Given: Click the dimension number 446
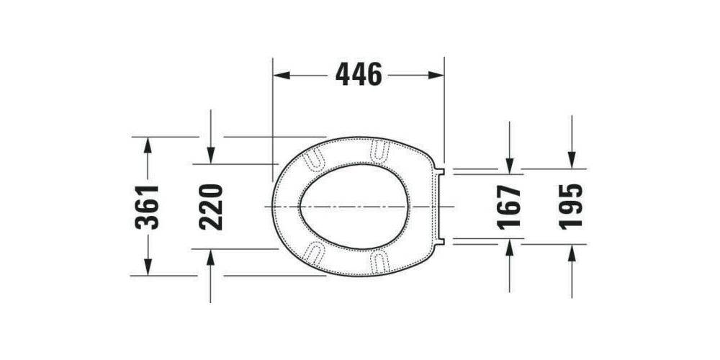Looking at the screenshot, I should (x=359, y=74).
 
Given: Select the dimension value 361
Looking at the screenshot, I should (x=148, y=207).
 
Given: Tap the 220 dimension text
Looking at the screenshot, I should (x=211, y=207).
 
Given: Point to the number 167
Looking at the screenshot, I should (x=509, y=207).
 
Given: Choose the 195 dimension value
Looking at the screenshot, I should (x=571, y=207).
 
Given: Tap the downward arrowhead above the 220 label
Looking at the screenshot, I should (x=210, y=156).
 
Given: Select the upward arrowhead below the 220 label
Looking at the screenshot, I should (x=210, y=257).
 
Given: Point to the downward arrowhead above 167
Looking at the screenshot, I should (x=509, y=166).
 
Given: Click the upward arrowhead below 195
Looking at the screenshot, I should (x=572, y=253).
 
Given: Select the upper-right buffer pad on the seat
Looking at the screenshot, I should (x=379, y=149).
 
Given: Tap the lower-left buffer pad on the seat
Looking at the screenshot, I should (x=315, y=253).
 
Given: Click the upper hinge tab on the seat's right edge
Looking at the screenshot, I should (x=443, y=171).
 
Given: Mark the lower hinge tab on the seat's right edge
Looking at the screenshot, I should (x=443, y=241).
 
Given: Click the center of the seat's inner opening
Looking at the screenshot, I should (x=354, y=207).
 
